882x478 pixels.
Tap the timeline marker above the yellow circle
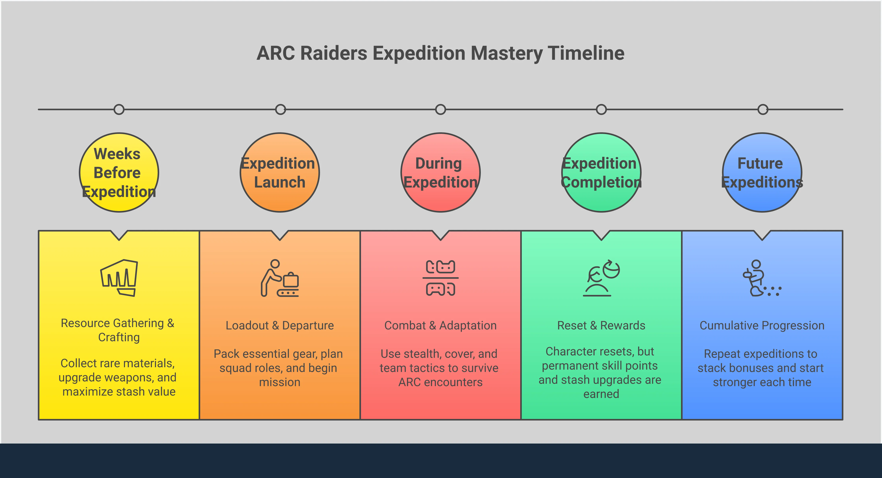tap(119, 109)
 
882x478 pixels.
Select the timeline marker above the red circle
tap(440, 109)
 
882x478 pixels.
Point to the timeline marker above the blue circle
tap(763, 109)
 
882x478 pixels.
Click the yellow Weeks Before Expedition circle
tap(119, 172)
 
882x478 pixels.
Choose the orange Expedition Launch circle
tap(280, 172)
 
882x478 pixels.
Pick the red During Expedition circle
tap(440, 172)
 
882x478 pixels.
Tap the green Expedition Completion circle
tap(601, 172)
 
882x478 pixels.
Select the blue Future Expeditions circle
tap(762, 172)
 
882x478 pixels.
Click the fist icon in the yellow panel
tap(119, 278)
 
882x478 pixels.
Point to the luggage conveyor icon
tap(280, 278)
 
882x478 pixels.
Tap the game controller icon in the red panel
tap(440, 278)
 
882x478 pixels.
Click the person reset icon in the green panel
tap(601, 278)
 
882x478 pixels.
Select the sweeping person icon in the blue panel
tap(762, 278)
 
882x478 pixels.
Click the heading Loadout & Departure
tap(280, 325)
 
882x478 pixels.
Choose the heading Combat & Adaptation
tap(440, 325)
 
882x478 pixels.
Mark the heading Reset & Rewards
tap(601, 325)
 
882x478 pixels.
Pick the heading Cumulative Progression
tap(762, 325)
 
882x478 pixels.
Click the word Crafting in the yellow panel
tap(119, 337)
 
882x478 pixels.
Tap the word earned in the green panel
tap(601, 394)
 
